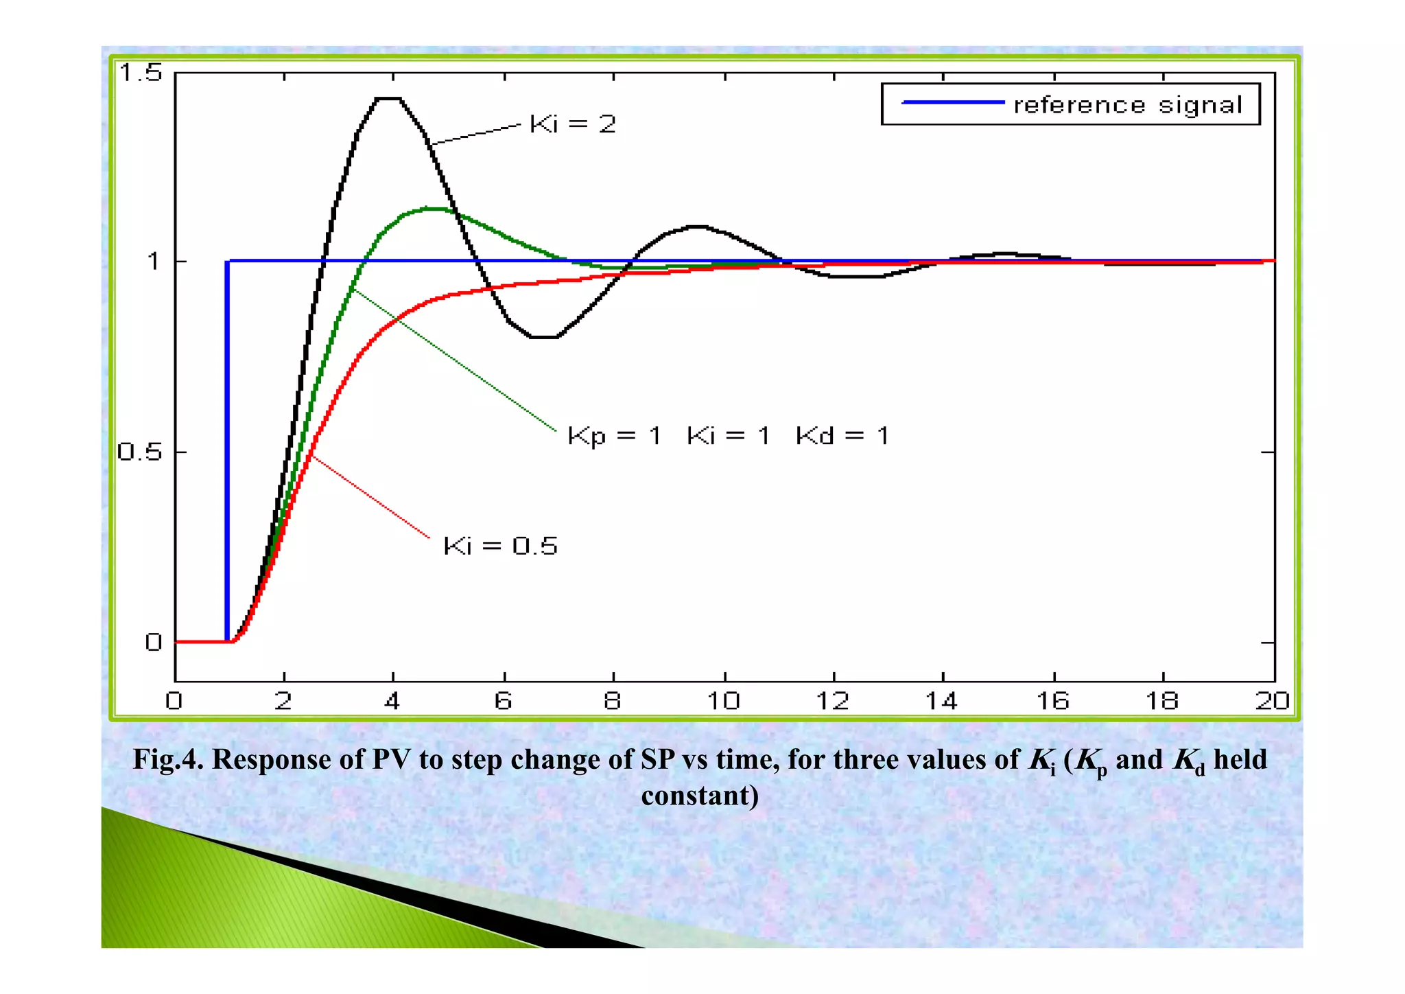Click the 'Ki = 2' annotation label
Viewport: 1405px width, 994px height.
click(x=573, y=124)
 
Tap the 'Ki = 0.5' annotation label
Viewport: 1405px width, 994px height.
click(x=500, y=546)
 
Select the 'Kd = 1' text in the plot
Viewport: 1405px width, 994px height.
click(x=842, y=436)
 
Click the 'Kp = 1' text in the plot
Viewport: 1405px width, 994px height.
click(x=614, y=436)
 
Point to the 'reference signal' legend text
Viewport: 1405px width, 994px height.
click(x=1127, y=105)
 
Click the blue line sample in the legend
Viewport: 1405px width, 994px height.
click(x=953, y=102)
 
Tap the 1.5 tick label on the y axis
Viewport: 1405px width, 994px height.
click(x=141, y=72)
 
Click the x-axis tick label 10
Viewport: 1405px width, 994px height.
click(x=723, y=701)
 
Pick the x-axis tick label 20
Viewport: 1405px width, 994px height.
click(x=1271, y=701)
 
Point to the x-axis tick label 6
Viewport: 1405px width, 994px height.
click(x=503, y=701)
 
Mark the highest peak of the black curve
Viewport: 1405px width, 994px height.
click(x=388, y=99)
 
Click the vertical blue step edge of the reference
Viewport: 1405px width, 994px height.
click(x=227, y=446)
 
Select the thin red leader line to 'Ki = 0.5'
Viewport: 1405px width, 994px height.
click(x=370, y=496)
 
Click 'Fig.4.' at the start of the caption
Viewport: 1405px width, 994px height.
click(x=167, y=760)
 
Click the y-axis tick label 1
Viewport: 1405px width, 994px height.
click(x=154, y=262)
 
